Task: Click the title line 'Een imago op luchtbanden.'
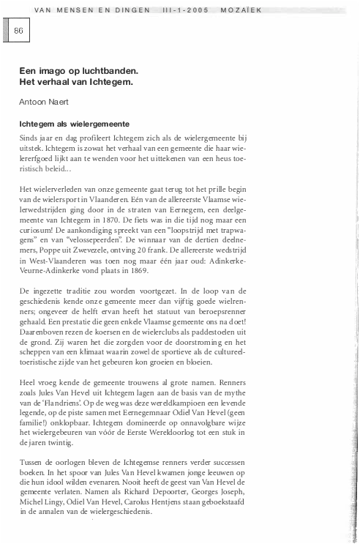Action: click(x=79, y=71)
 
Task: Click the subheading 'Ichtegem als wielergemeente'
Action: click(x=75, y=125)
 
